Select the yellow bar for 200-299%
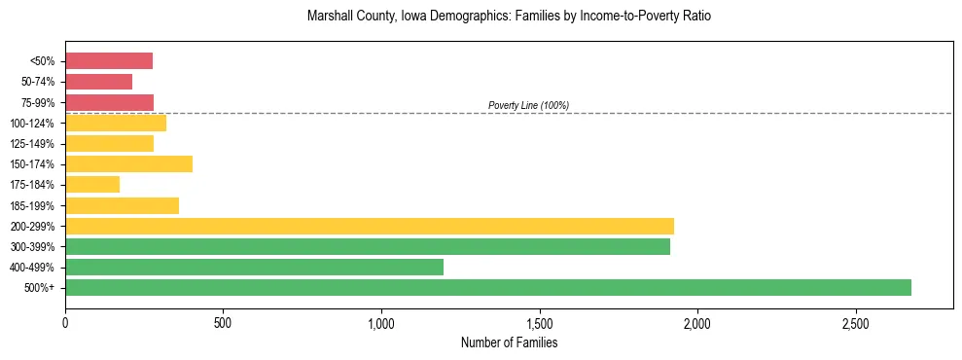370,226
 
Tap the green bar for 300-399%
368,246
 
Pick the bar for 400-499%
254,267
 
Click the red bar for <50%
109,61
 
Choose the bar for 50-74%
98,82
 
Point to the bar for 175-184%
92,184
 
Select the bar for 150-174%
128,163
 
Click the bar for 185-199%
122,205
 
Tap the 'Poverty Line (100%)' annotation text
528,105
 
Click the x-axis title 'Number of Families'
509,342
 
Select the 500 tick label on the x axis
223,322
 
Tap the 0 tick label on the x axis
65,322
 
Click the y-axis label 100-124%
34,124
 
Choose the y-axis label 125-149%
34,144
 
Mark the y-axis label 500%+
41,288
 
